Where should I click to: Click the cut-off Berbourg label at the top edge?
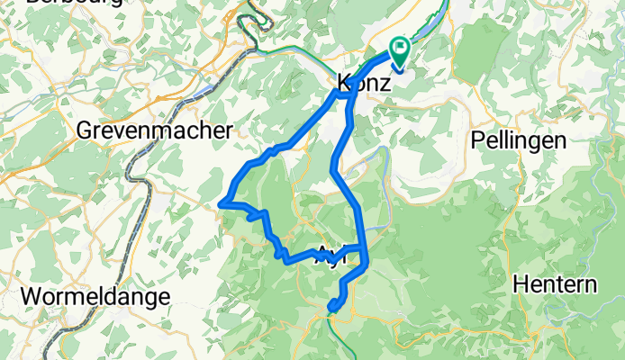tap(62, 3)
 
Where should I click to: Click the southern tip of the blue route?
tap(331, 310)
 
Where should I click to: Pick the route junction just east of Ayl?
tap(364, 247)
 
